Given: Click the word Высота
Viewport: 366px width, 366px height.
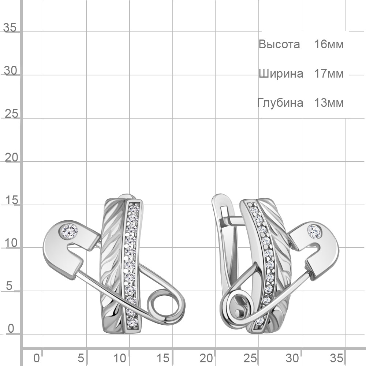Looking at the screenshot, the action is [279, 44].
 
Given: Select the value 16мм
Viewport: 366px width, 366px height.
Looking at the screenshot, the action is [329, 44].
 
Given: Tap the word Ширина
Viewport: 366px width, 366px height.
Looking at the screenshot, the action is [281, 74].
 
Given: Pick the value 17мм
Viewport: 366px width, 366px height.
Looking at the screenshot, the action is [329, 74].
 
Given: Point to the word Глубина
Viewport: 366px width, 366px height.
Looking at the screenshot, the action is [280, 103].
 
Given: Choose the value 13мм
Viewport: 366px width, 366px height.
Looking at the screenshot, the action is [329, 103].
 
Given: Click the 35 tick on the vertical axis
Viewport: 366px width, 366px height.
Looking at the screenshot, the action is [10, 27].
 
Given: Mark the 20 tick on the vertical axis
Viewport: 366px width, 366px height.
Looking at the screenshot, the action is [11, 158].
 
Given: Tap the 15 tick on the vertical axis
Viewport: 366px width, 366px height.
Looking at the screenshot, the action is [11, 200].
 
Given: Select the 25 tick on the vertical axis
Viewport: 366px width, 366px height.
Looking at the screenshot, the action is [11, 114].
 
